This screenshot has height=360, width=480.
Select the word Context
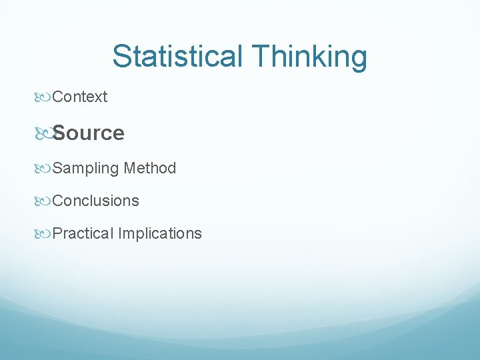79,97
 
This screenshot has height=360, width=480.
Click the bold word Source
88,133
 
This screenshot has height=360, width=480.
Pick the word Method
150,168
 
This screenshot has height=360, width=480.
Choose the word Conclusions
95,201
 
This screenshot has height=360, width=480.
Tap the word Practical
83,233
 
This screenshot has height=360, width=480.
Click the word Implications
160,233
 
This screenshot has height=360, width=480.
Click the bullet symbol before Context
44,97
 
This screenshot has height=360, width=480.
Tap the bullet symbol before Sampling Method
44,169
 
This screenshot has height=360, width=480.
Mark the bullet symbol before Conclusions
44,201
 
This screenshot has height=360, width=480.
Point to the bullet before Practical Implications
44,233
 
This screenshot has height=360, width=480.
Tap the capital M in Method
129,168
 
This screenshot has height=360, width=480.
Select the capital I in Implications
120,233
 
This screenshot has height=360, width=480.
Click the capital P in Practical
57,233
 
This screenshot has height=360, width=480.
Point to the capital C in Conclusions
57,201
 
